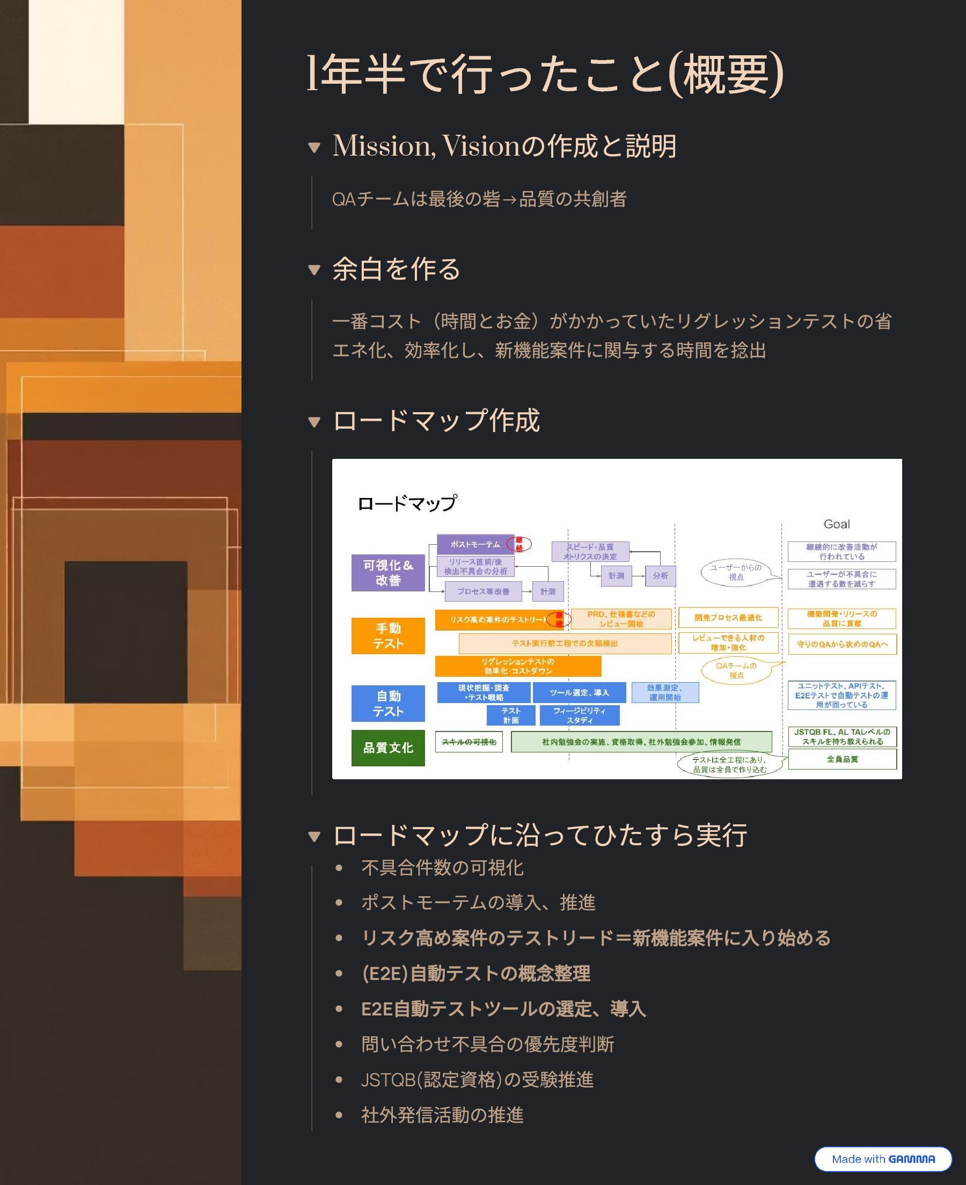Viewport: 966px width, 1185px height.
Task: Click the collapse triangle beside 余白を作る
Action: coord(314,270)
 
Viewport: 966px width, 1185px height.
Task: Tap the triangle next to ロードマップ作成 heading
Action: coord(314,422)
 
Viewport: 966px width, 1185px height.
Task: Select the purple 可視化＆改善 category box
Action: coord(388,573)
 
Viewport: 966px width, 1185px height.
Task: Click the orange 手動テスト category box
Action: coord(388,636)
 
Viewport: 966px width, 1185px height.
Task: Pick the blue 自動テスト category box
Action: coord(388,704)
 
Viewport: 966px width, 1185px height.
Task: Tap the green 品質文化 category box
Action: coord(388,748)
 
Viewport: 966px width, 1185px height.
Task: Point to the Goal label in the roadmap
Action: coord(836,524)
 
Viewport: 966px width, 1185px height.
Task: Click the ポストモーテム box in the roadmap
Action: coord(475,545)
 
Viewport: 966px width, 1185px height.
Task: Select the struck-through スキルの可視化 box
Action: coord(469,742)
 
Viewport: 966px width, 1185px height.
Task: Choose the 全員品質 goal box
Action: coord(842,759)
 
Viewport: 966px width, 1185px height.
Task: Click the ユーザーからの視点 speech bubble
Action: coord(736,573)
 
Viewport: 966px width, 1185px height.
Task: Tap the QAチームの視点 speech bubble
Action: coord(736,670)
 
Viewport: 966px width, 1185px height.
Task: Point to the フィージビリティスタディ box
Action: coord(579,715)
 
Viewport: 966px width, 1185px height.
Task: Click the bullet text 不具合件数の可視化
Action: coord(442,868)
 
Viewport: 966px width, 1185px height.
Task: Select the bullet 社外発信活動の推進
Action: coord(442,1115)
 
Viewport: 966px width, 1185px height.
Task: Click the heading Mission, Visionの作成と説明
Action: coord(504,147)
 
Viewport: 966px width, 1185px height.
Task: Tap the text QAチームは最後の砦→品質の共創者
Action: coord(479,199)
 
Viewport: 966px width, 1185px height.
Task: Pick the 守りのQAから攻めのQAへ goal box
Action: coord(842,644)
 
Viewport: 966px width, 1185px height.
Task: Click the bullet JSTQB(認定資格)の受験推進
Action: coord(477,1080)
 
